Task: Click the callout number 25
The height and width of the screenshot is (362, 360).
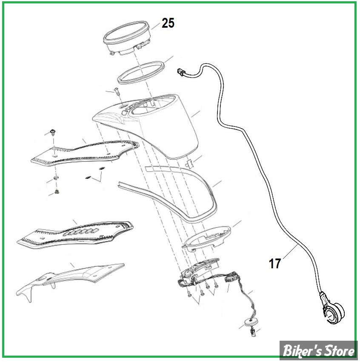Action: (168, 23)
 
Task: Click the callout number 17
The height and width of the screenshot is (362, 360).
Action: (274, 263)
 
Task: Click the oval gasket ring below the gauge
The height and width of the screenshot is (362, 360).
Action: (141, 72)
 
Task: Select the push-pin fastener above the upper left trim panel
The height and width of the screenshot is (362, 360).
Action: (53, 133)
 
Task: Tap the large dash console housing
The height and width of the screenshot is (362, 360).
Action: (148, 125)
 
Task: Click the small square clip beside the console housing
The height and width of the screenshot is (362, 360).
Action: (189, 163)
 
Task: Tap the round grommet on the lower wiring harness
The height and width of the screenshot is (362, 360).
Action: (249, 322)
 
